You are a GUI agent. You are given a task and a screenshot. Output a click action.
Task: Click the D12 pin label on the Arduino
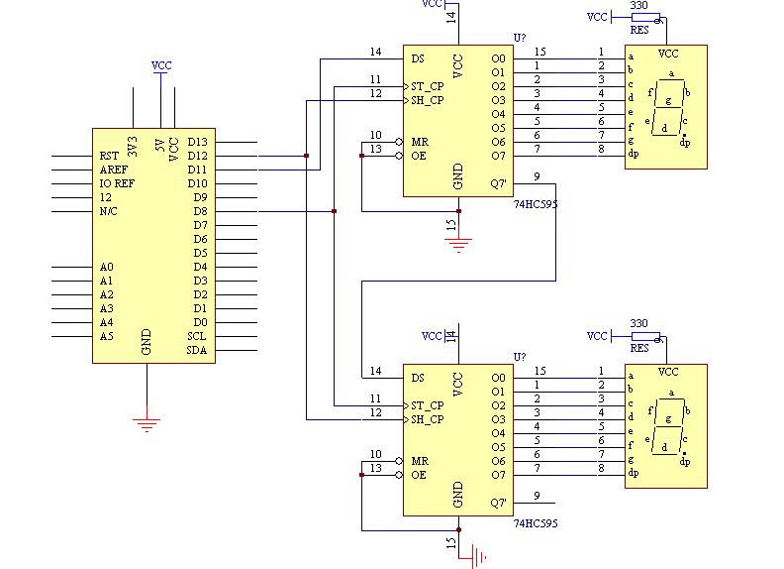[x=198, y=156]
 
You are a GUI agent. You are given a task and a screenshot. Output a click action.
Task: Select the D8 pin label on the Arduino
[x=201, y=211]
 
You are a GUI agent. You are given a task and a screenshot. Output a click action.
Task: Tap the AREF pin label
[x=114, y=170]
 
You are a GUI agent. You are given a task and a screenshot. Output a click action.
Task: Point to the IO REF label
[x=117, y=183]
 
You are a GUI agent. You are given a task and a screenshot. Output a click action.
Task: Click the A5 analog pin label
[x=107, y=336]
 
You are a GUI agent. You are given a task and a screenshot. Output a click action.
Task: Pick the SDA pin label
[x=197, y=350]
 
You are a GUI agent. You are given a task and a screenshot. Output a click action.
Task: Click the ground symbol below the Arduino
[x=147, y=424]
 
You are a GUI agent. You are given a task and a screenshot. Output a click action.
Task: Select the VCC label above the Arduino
[x=161, y=65]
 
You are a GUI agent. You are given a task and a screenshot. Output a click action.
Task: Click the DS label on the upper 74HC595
[x=418, y=58]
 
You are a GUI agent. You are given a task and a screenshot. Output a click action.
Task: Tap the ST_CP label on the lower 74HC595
[x=428, y=405]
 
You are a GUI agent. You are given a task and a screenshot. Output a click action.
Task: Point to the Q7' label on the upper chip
[x=499, y=183]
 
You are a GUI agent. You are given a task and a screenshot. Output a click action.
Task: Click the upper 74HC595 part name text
[x=536, y=204]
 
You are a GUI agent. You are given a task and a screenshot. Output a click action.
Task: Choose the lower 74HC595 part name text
[x=536, y=523]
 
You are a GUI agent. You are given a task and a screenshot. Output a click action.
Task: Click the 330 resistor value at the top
[x=639, y=6]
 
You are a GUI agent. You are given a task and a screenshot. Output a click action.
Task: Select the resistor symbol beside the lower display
[x=645, y=336]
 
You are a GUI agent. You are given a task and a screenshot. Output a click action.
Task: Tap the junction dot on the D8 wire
[x=334, y=211]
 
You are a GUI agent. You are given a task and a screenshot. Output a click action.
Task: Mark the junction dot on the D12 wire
[x=307, y=156]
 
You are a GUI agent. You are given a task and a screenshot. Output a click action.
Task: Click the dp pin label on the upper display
[x=634, y=154]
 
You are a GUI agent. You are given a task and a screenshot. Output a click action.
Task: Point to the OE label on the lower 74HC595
[x=419, y=475]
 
